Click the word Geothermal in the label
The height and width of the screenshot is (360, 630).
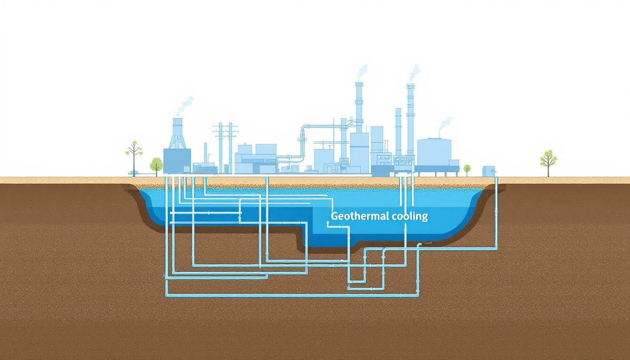354,216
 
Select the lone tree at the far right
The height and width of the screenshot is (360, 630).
548,160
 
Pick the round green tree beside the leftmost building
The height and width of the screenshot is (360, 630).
156,165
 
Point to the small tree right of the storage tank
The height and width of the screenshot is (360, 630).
467,168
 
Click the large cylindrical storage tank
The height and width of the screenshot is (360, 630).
434,152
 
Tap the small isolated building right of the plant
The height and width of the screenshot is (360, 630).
488,171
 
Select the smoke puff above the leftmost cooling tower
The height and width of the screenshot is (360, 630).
185,105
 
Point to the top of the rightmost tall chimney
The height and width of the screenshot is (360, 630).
411,87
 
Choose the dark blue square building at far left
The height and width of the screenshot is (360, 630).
177,160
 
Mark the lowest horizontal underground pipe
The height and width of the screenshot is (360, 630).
291,295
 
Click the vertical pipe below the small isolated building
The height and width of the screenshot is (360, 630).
496,211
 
